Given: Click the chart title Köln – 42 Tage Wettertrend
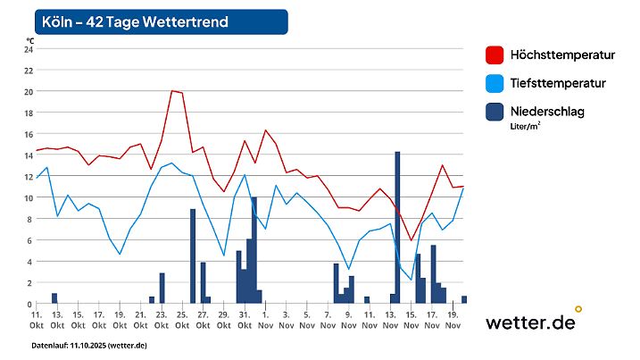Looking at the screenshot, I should (x=135, y=21).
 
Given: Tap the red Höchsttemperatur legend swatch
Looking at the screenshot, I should (x=495, y=55).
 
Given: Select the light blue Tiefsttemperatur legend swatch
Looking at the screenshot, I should (x=495, y=83).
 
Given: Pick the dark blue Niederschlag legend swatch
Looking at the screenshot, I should (x=495, y=112).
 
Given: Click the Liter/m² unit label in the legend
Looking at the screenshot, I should (x=527, y=127).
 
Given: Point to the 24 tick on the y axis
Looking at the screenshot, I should (x=28, y=48).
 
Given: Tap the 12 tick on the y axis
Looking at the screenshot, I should (x=28, y=176).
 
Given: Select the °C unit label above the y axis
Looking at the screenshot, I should (x=29, y=40).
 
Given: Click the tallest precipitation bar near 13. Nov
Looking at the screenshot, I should (x=397, y=228).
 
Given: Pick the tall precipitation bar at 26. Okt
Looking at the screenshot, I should (x=193, y=256).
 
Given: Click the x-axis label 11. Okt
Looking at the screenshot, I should (x=37, y=320).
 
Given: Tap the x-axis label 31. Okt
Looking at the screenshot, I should (x=244, y=320).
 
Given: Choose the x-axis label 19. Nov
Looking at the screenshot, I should (x=453, y=320).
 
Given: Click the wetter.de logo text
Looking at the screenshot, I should (x=529, y=322).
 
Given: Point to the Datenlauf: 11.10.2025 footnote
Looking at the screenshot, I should (x=89, y=345).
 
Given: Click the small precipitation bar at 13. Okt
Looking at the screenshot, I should (x=54, y=298).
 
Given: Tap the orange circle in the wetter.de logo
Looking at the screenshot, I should (x=578, y=309).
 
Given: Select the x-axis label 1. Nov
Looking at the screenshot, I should (x=265, y=320).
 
